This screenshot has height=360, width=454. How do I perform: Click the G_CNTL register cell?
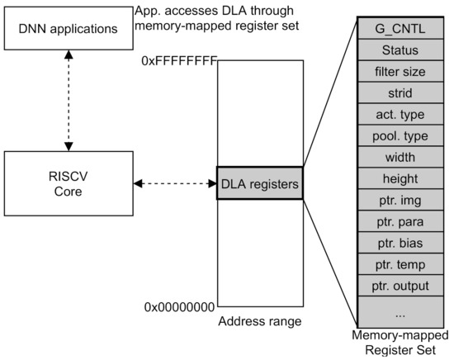click(x=400, y=30)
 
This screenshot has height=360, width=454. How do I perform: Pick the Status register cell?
click(x=400, y=51)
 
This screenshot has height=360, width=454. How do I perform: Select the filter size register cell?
click(x=400, y=73)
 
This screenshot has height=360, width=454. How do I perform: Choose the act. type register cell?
click(x=400, y=115)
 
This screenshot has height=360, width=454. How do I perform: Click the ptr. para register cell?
click(x=400, y=222)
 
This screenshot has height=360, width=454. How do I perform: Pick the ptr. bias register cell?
click(x=400, y=244)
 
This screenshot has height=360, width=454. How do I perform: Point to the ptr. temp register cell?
click(x=400, y=265)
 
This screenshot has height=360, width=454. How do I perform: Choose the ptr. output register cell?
click(x=400, y=287)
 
